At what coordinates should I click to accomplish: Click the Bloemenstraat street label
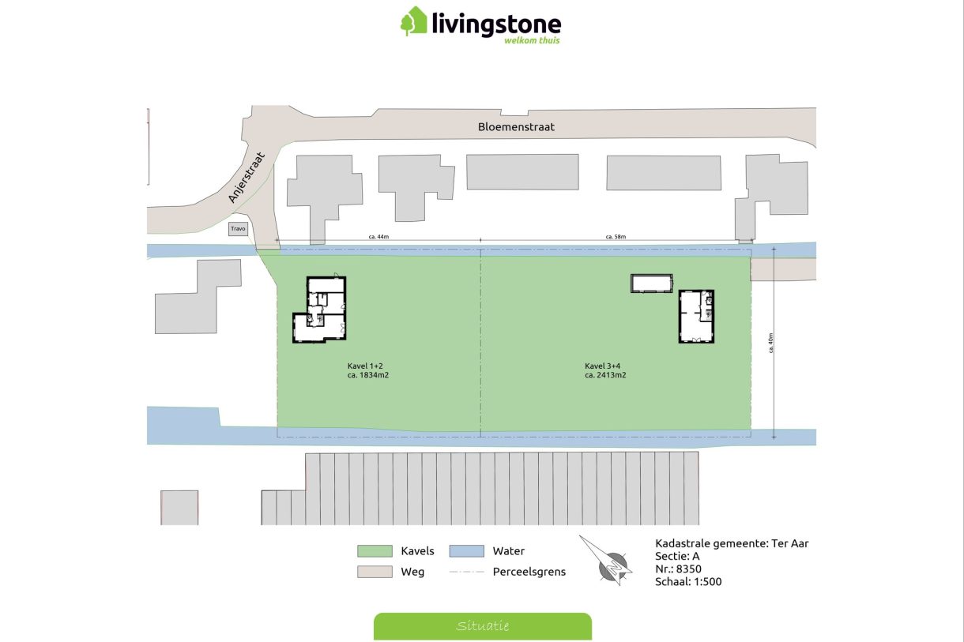(x=516, y=126)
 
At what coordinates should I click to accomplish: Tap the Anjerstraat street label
(x=245, y=178)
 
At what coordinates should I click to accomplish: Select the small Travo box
(x=238, y=229)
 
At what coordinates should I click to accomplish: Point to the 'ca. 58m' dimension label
(x=616, y=236)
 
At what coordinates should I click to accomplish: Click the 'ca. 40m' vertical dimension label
(x=770, y=343)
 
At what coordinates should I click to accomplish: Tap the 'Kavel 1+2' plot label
(x=365, y=366)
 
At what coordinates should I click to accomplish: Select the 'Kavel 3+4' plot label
(x=602, y=366)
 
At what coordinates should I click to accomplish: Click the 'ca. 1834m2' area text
(x=368, y=375)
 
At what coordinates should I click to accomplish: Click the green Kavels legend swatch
(x=375, y=551)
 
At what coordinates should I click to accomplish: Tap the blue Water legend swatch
(x=466, y=551)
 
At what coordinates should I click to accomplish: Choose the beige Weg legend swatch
(x=375, y=572)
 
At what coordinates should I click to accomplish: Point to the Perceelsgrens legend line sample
(x=466, y=572)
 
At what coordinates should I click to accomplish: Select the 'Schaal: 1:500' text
(x=688, y=582)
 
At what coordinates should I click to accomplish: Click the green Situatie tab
(x=482, y=626)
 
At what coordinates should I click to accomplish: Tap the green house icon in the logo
(x=413, y=21)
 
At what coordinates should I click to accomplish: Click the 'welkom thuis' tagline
(x=532, y=39)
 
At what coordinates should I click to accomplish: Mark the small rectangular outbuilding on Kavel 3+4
(x=651, y=283)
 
